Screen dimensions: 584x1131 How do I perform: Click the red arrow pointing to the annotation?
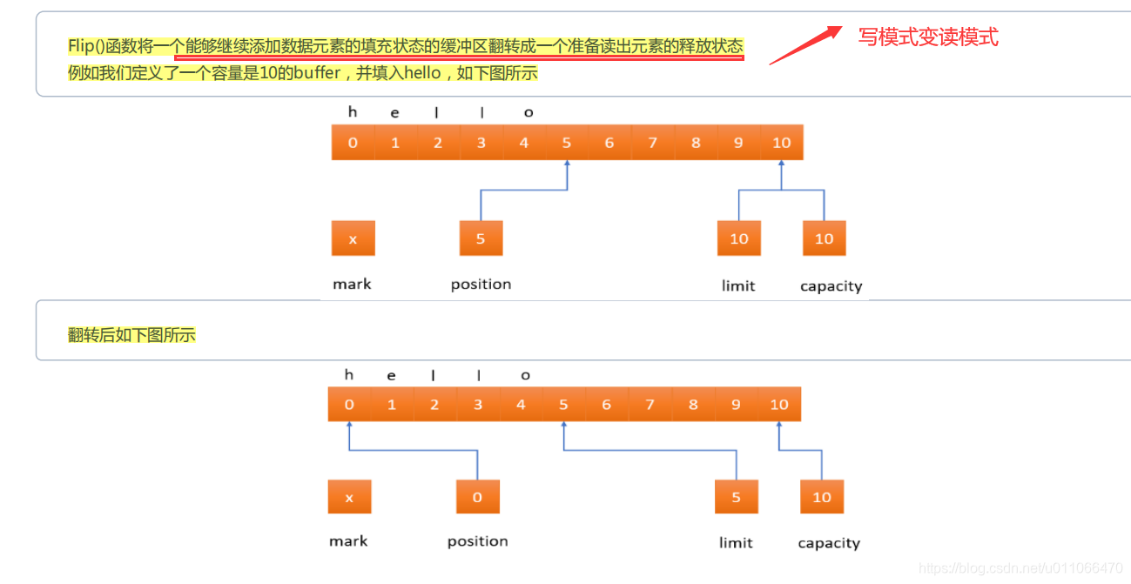[805, 44]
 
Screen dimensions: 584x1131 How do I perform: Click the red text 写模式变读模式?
[928, 37]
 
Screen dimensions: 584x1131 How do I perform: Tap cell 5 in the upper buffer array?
[567, 143]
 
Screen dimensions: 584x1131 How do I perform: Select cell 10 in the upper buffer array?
[781, 143]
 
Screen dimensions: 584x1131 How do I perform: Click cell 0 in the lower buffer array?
[349, 404]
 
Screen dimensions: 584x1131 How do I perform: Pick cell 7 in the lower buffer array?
[650, 404]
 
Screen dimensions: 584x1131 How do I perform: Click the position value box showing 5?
[481, 238]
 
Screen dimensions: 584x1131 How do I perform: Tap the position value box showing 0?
[477, 497]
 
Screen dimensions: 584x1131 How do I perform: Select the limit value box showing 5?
[736, 497]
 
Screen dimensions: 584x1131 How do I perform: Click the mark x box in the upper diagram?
[353, 238]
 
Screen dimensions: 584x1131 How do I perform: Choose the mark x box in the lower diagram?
[349, 497]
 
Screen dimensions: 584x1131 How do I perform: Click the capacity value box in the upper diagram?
[824, 238]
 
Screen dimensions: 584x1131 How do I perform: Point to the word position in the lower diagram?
[477, 541]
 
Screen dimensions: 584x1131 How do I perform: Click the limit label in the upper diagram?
[738, 285]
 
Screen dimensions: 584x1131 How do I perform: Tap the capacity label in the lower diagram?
[829, 543]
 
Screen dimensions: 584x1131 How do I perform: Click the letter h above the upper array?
[353, 111]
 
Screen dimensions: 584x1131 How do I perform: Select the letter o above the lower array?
[525, 375]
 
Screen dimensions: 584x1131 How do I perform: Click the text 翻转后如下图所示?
[131, 334]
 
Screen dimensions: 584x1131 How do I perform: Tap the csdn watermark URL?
[1020, 568]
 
